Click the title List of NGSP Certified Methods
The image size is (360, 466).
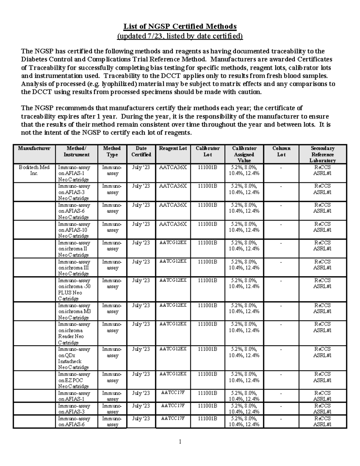pos(180,26)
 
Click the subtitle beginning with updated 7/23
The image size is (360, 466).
pos(180,36)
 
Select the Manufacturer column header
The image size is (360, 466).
pos(34,148)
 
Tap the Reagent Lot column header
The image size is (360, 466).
pos(173,148)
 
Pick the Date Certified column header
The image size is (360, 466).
pos(141,152)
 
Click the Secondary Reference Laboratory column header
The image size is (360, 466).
pos(322,154)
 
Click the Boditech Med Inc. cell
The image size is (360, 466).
pos(34,170)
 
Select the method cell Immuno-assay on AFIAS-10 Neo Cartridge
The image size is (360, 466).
pos(74,230)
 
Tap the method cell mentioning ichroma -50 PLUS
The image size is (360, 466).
pos(74,289)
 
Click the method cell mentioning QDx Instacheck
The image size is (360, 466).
pos(74,358)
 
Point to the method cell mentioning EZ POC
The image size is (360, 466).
pos(74,380)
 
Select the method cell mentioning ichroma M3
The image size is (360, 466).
pos(74,311)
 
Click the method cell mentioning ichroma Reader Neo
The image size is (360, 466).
pos(74,333)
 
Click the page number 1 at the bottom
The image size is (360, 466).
pos(180,441)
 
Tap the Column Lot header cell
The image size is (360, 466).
pos(281,152)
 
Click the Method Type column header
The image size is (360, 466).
pos(112,152)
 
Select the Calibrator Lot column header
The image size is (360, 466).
pos(208,152)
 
